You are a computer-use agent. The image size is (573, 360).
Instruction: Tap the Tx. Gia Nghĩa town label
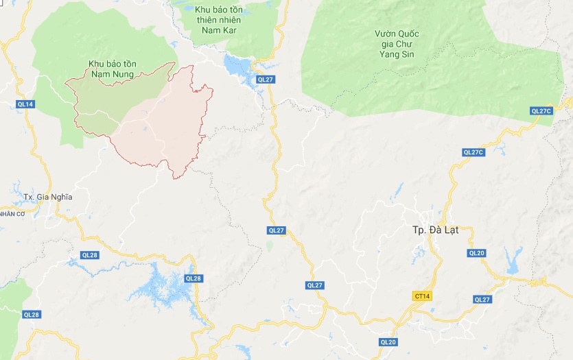47,197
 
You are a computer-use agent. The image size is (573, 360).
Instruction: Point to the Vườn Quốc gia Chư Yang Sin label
397,44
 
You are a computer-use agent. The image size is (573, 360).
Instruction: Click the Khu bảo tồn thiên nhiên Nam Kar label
219,20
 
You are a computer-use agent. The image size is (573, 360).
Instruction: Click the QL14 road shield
25,104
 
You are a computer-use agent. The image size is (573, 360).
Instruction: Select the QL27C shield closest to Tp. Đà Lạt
473,152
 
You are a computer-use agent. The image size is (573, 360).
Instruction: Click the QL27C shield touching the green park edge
541,111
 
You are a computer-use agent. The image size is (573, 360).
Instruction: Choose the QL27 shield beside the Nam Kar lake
266,80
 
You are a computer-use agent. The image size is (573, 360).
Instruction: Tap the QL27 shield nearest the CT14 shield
482,299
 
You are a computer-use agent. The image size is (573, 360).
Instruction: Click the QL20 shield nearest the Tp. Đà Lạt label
476,253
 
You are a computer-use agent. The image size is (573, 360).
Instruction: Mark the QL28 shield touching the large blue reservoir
194,278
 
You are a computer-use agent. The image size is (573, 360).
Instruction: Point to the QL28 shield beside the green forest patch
32,314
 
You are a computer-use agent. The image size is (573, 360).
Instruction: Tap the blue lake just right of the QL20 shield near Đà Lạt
512,259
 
